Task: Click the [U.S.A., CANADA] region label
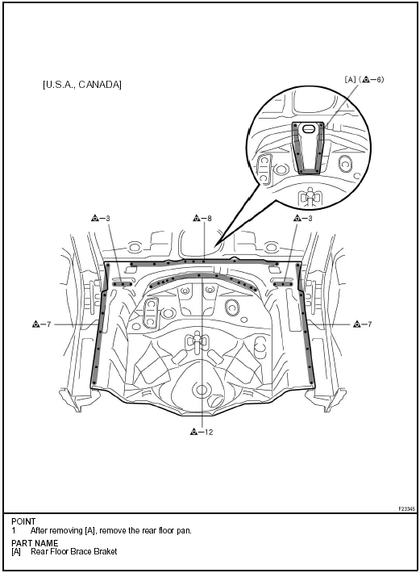pyautogui.click(x=82, y=85)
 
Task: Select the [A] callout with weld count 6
pyautogui.click(x=364, y=79)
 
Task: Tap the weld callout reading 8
pyautogui.click(x=202, y=219)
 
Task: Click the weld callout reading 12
pyautogui.click(x=202, y=432)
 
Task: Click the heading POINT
pyautogui.click(x=23, y=521)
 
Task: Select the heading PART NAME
pyautogui.click(x=35, y=543)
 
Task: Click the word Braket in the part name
pyautogui.click(x=106, y=551)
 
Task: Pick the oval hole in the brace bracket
pyautogui.click(x=309, y=128)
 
